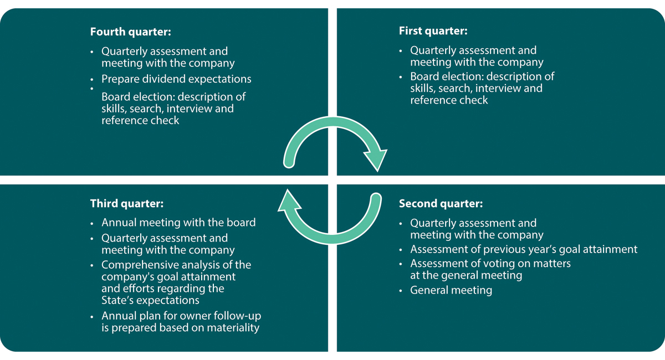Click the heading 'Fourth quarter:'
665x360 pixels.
(130, 32)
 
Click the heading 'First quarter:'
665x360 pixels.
(433, 31)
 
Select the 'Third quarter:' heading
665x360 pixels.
(127, 204)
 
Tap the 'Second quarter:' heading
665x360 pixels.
(441, 204)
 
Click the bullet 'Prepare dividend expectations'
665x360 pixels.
(176, 79)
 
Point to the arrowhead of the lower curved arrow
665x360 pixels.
(289, 201)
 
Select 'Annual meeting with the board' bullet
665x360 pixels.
(178, 223)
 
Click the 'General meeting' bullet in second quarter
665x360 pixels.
(451, 290)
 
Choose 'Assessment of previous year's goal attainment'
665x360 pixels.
(524, 249)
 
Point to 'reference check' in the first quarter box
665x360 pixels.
(449, 100)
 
